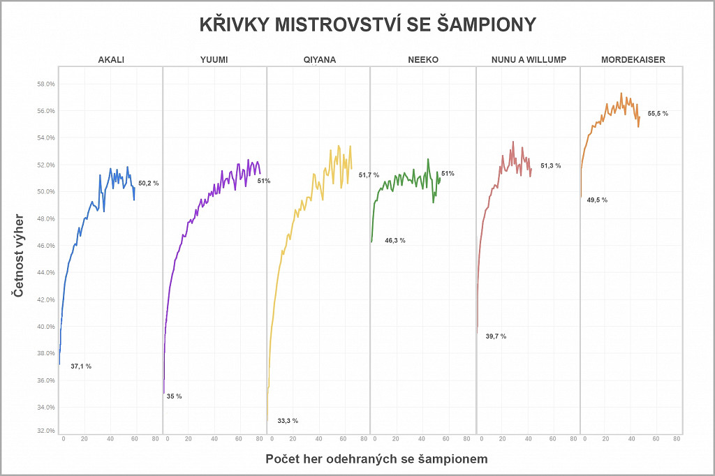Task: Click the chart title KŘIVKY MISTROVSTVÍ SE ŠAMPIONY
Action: pyautogui.click(x=367, y=25)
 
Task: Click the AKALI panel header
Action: pyautogui.click(x=111, y=60)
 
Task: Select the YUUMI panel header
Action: pyautogui.click(x=214, y=60)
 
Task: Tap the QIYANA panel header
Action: pyautogui.click(x=319, y=60)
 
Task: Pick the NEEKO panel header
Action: pyautogui.click(x=423, y=60)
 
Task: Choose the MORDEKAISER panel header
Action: pyautogui.click(x=633, y=60)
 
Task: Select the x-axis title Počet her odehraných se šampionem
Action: pyautogui.click(x=376, y=459)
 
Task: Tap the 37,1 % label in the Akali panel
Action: pyautogui.click(x=81, y=366)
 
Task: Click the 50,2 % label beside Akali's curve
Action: pyautogui.click(x=149, y=184)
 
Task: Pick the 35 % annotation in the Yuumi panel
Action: pyautogui.click(x=174, y=396)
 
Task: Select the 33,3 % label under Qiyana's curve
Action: pyautogui.click(x=288, y=421)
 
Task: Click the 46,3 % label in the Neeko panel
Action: pyautogui.click(x=395, y=240)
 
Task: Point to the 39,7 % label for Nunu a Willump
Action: pyautogui.click(x=496, y=336)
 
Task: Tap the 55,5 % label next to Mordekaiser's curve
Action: pyautogui.click(x=658, y=113)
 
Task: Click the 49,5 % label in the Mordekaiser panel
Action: pyautogui.click(x=597, y=200)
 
